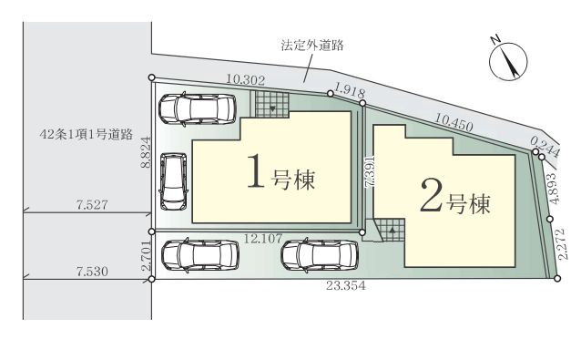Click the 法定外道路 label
click(x=312, y=44)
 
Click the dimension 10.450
click(x=453, y=122)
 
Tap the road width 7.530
click(x=92, y=271)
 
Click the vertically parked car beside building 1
click(x=172, y=180)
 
